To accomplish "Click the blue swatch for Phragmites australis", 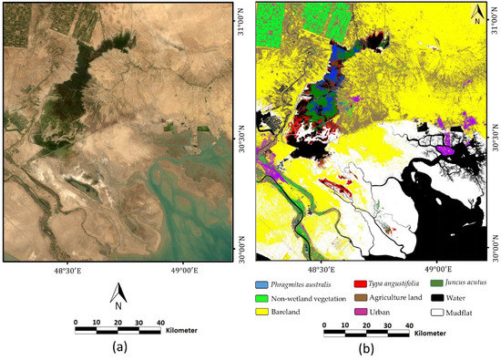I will coord(263,285).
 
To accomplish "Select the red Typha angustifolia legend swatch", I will coord(355,285).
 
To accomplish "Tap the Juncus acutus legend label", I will coord(451,285).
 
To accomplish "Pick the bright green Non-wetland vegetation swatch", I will coord(263,299).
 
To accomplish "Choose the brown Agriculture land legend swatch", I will coord(355,299).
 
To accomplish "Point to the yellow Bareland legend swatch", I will coord(263,313).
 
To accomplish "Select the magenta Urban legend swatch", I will coord(355,313).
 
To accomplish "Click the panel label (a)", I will coord(118,347).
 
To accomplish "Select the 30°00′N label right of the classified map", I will coord(495,243).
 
